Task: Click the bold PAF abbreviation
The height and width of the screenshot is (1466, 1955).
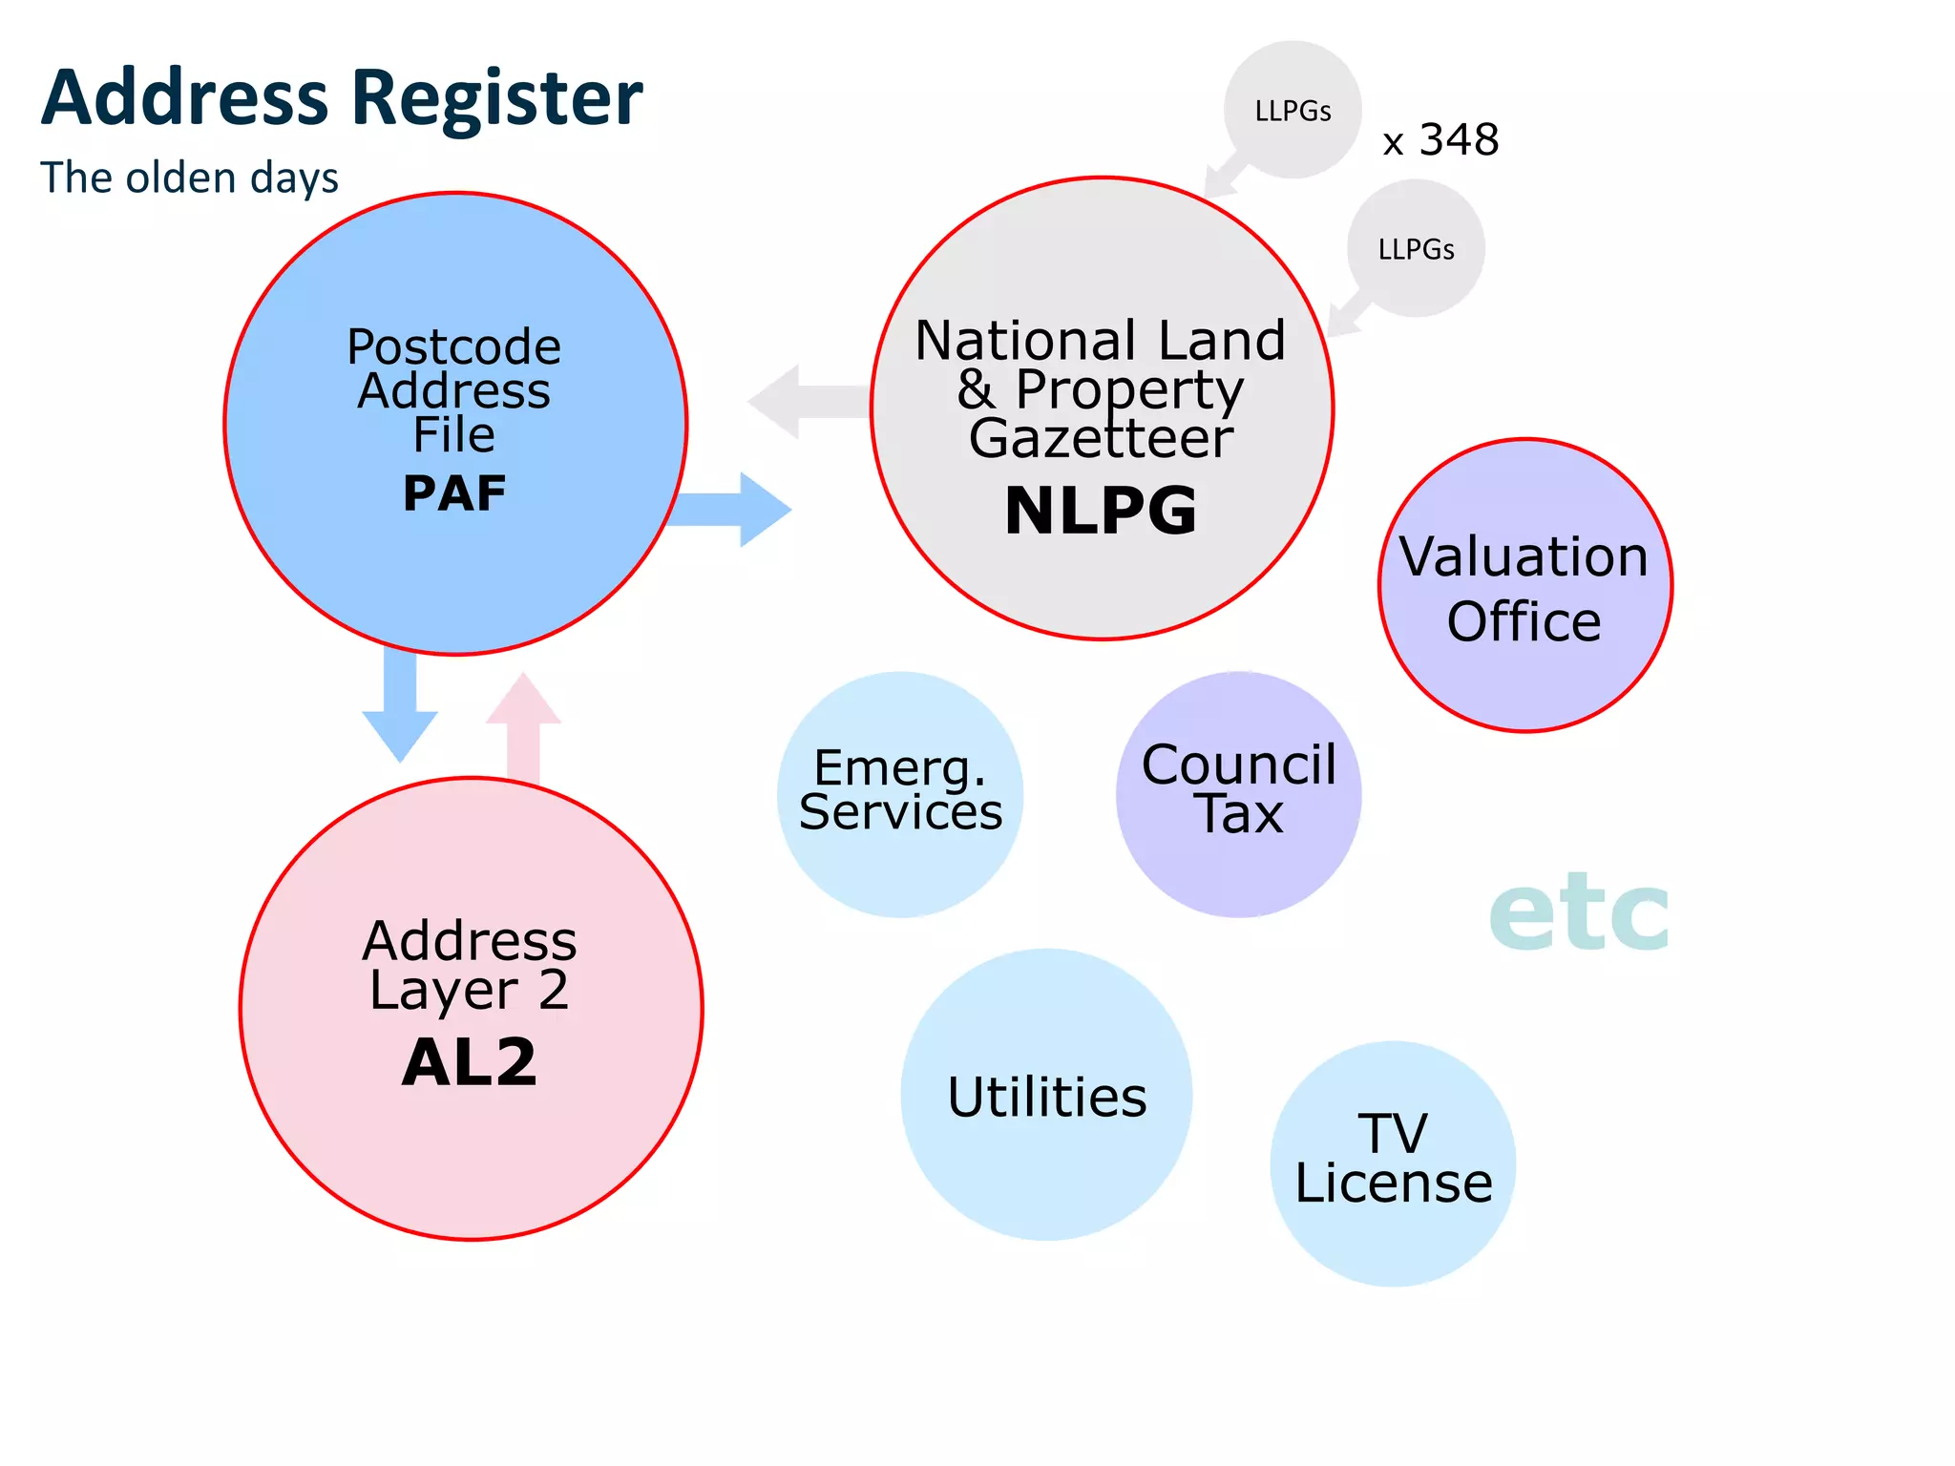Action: coord(454,493)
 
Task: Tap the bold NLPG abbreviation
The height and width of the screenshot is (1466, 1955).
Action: coord(1101,511)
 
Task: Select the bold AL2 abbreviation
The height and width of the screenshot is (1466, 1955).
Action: coord(470,1062)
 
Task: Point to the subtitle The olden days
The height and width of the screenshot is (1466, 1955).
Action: coord(189,178)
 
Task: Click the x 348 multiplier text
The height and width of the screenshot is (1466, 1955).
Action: coord(1440,140)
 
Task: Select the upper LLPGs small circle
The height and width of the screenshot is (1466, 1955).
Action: coord(1293,110)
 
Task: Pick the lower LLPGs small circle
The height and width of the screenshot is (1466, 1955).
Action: coord(1416,248)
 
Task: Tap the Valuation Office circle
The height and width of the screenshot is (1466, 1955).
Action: coord(1524,586)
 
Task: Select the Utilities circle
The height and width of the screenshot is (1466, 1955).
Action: coord(1046,1095)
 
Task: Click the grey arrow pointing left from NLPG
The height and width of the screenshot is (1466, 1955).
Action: coord(802,402)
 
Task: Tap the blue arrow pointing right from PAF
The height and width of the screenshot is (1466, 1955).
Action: coord(740,510)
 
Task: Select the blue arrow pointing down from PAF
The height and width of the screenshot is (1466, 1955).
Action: coord(400,711)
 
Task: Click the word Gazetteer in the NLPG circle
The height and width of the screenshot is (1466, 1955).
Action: coord(1101,438)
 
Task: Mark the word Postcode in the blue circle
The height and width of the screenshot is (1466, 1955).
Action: coord(453,346)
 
